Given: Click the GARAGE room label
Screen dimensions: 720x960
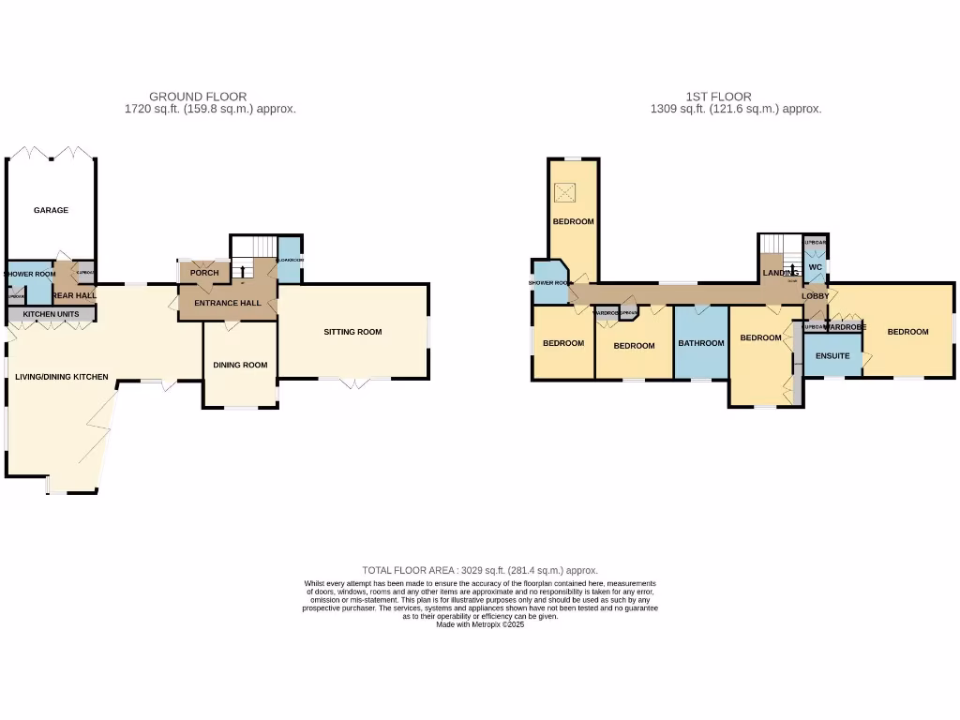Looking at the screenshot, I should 51,211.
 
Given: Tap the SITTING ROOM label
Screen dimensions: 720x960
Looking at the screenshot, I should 353,332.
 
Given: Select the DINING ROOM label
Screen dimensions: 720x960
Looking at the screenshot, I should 240,366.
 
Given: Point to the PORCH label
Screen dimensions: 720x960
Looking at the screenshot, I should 204,273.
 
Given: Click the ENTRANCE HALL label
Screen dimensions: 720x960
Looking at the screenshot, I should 228,304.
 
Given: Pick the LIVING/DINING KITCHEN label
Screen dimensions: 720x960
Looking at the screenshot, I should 62,377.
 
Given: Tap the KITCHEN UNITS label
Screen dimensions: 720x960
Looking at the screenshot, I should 52,313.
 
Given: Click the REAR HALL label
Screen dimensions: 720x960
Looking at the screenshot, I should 75,295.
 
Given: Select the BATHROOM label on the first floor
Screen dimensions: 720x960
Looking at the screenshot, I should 701,343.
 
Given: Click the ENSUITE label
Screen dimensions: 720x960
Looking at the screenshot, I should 832,356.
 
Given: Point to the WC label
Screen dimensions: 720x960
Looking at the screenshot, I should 815,267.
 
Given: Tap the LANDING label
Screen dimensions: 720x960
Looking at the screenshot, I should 780,274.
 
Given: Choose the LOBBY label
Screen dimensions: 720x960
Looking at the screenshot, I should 815,296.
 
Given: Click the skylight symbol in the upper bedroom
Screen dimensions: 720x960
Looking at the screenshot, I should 564,192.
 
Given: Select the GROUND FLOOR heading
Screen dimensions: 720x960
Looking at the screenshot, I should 198,97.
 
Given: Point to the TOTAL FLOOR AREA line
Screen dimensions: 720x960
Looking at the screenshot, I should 480,570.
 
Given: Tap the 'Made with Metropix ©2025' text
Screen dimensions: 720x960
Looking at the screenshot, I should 480,624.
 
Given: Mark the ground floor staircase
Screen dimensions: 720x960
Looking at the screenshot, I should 254,247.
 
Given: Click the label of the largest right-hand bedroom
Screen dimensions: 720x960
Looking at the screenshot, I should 907,332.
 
